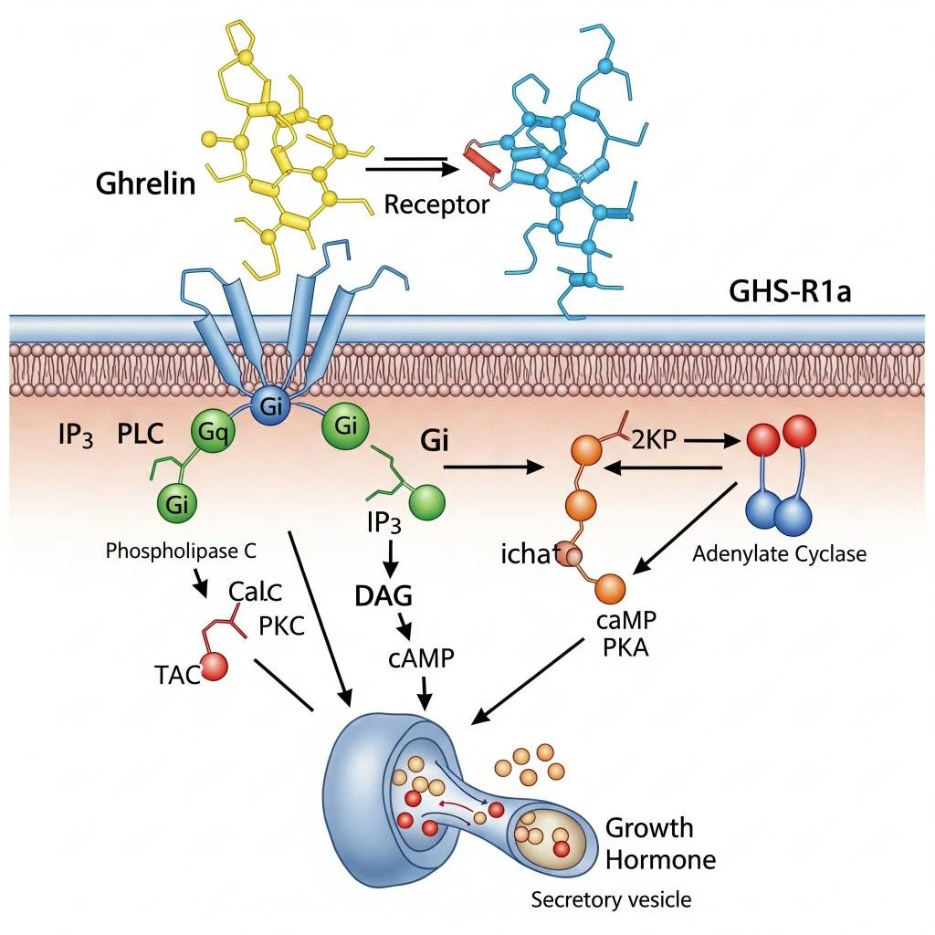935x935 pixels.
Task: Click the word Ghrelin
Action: [145, 183]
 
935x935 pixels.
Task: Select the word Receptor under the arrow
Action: [436, 204]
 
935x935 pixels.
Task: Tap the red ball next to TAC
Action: [215, 667]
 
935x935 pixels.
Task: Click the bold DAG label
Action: [383, 596]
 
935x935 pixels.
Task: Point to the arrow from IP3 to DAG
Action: [391, 556]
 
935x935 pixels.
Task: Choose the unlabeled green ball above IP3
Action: [428, 504]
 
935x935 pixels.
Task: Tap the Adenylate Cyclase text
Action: [779, 553]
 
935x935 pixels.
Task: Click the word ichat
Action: [530, 553]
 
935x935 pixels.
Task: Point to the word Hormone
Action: [661, 859]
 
